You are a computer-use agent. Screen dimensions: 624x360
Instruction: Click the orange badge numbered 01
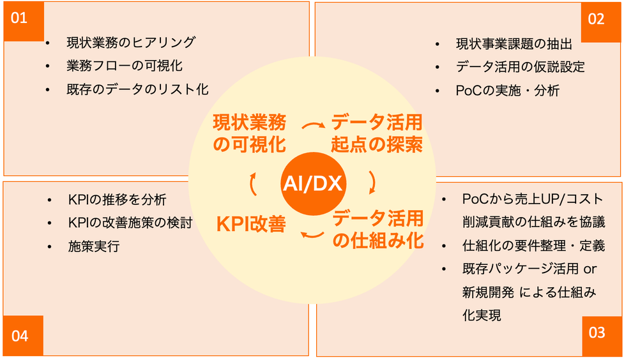[24, 21]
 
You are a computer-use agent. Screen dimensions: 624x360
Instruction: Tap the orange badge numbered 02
[600, 22]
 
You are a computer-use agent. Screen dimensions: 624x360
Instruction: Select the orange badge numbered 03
[601, 336]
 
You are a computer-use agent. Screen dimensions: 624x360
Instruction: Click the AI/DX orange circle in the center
[312, 183]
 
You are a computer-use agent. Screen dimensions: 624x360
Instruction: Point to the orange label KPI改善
[251, 224]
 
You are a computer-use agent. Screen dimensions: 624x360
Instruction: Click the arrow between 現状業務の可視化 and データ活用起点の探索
[313, 126]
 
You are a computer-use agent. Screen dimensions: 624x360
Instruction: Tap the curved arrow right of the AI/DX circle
[373, 183]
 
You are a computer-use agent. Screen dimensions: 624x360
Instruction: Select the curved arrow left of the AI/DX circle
[253, 184]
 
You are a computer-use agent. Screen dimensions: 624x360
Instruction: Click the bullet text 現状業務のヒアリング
[131, 42]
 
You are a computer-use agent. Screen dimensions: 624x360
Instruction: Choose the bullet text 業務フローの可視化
[125, 66]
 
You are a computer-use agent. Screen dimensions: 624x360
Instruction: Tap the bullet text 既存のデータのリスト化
[138, 89]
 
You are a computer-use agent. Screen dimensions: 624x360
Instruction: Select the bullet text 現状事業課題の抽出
[514, 44]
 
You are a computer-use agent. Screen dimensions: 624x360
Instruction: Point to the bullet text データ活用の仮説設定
[521, 67]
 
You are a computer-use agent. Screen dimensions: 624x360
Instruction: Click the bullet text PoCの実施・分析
[508, 90]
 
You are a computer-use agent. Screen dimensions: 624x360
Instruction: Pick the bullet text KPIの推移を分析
[118, 199]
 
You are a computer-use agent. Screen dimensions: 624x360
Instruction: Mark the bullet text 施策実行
[94, 246]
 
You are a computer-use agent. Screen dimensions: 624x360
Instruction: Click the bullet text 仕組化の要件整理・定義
[534, 246]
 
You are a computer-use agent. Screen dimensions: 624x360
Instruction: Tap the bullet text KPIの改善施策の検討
[130, 223]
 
